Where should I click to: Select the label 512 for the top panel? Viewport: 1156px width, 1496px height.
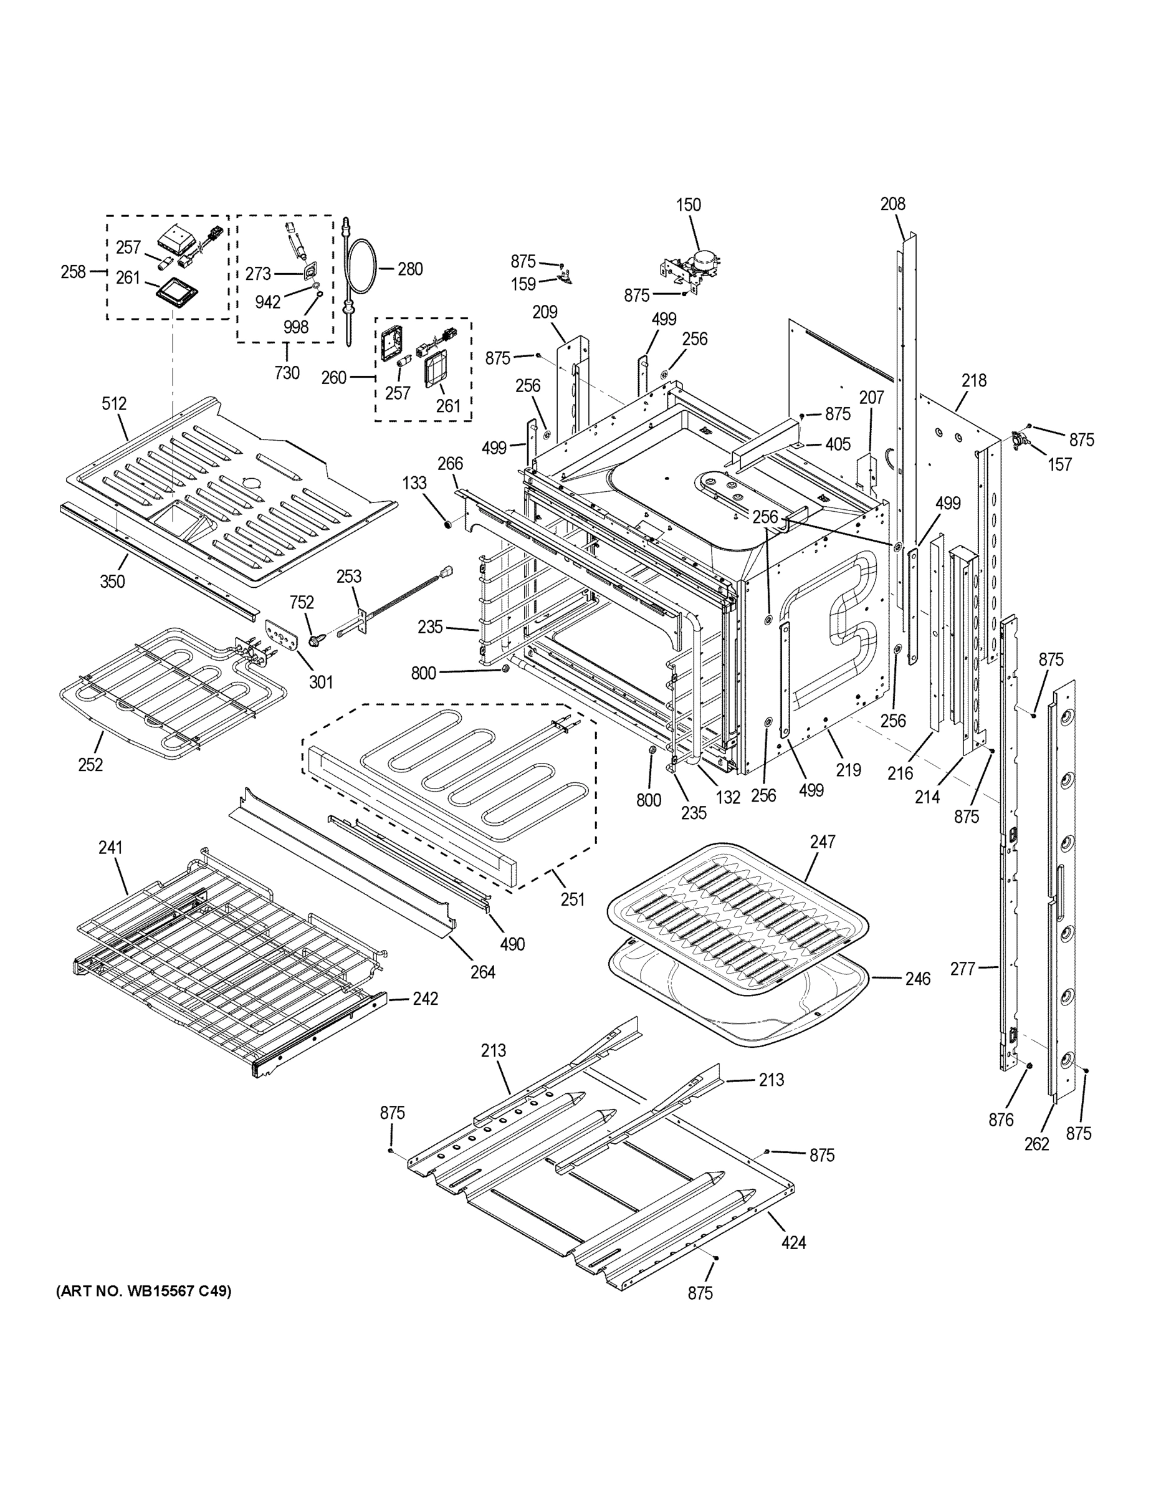tap(115, 404)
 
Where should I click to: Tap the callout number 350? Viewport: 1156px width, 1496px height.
tap(112, 582)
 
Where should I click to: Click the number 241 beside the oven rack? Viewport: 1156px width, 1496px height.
tap(110, 848)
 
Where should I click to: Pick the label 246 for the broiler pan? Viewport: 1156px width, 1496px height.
tap(917, 979)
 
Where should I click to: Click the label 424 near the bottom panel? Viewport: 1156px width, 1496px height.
tap(794, 1242)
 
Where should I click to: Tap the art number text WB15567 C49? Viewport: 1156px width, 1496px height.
tap(143, 1291)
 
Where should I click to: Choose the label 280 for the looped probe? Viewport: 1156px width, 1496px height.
tap(409, 269)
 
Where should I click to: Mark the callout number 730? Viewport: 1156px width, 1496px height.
tap(287, 373)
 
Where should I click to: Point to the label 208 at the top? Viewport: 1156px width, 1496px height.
tap(892, 203)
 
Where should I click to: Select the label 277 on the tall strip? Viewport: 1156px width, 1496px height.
tap(962, 969)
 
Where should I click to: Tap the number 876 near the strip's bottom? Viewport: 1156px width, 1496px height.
tap(1001, 1121)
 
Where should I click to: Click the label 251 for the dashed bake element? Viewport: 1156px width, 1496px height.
tap(573, 899)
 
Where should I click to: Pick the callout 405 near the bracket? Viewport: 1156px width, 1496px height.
tap(838, 444)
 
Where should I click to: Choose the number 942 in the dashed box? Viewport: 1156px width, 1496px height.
tap(268, 302)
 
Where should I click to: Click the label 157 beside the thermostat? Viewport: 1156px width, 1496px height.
tap(1059, 464)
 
